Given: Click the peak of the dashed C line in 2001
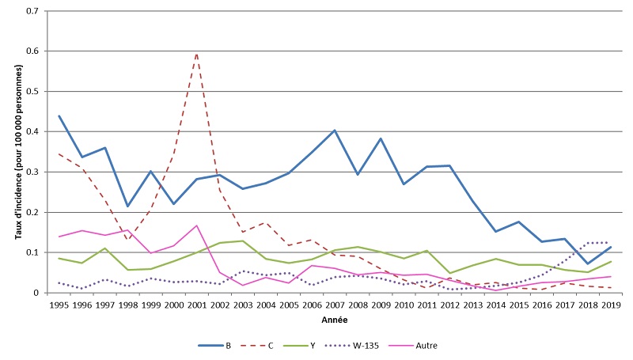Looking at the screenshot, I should click(x=196, y=53).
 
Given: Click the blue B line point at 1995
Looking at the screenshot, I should click(x=59, y=116).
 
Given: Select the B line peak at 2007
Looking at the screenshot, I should click(x=335, y=131).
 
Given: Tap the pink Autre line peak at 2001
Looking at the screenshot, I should click(x=196, y=225).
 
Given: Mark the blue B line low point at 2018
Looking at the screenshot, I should click(x=587, y=263).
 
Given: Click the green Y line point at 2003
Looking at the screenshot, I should click(x=242, y=241).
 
